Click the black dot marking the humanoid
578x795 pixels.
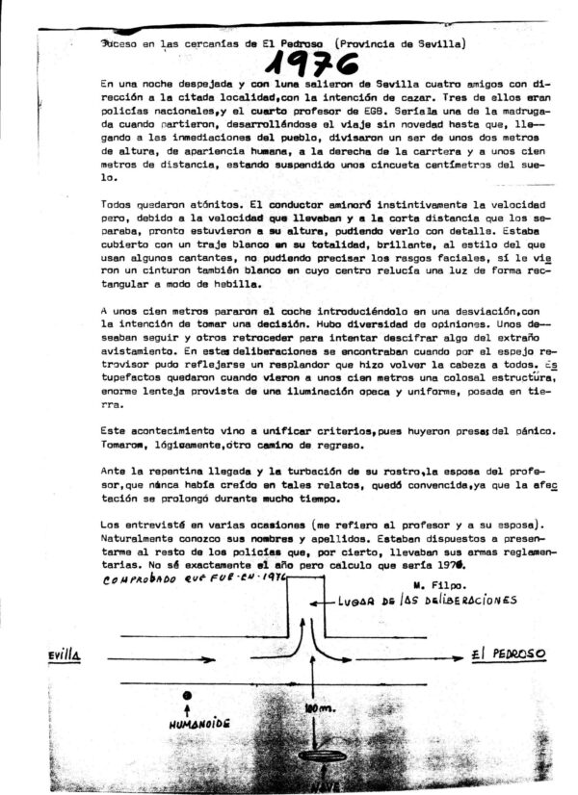[x=187, y=695]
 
